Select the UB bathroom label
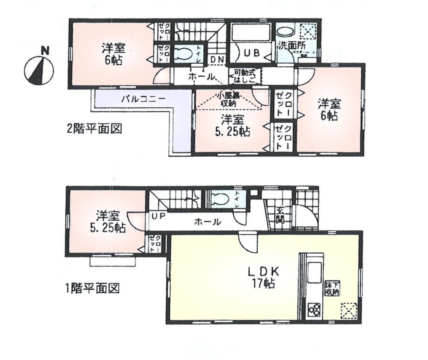(251, 53)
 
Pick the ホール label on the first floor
(208, 222)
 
